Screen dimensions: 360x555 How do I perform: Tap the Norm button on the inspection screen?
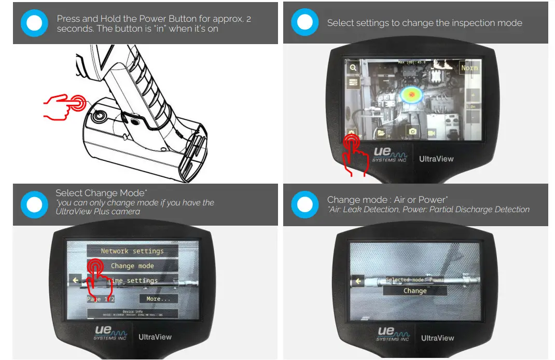point(469,68)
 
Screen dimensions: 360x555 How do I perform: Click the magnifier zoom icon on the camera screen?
point(353,67)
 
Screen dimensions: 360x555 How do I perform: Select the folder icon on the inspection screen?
point(382,133)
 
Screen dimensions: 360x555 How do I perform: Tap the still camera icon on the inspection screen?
point(412,132)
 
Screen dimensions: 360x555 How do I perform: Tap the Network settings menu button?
point(132,251)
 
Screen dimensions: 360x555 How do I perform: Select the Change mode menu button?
point(132,266)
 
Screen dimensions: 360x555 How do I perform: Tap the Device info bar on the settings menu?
point(132,313)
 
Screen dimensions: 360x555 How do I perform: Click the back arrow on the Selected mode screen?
point(357,281)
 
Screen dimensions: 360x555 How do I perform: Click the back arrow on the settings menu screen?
point(76,281)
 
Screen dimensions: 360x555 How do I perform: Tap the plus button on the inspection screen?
point(473,95)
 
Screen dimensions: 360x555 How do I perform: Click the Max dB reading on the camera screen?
point(412,62)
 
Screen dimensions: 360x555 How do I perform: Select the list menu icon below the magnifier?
point(353,82)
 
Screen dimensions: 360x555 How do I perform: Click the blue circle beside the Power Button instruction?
point(34,23)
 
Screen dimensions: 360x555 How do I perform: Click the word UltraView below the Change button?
point(437,338)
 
